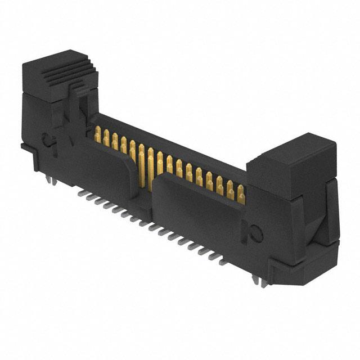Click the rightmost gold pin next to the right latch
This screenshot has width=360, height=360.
241,194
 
